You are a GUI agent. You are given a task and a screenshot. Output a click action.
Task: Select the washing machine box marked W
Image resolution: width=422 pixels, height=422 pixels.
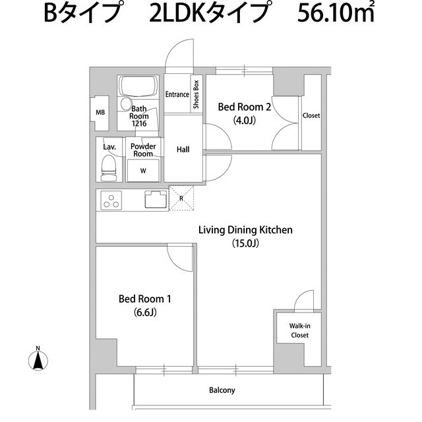click(143, 170)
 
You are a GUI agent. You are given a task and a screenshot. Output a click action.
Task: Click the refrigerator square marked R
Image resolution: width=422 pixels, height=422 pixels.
click(181, 198)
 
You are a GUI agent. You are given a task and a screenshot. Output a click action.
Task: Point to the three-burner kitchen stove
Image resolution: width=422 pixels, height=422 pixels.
click(110, 200)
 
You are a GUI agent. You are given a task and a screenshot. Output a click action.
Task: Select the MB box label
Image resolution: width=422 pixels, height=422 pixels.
click(100, 112)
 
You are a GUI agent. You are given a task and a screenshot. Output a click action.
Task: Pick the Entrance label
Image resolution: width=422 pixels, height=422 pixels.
click(177, 94)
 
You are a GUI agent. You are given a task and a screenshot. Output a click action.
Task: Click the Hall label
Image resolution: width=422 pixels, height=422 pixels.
click(183, 150)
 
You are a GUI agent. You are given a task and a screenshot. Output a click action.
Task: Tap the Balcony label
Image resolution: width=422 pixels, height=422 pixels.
click(222, 390)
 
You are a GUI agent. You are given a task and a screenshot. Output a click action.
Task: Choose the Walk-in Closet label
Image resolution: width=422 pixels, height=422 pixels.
click(299, 330)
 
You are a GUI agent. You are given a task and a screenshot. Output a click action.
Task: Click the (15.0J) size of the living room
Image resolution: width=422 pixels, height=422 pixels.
click(245, 243)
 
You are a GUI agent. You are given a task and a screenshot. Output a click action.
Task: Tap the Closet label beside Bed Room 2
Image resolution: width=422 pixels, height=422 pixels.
click(311, 115)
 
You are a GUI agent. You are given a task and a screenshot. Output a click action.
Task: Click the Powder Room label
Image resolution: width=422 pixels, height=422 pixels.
click(142, 150)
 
